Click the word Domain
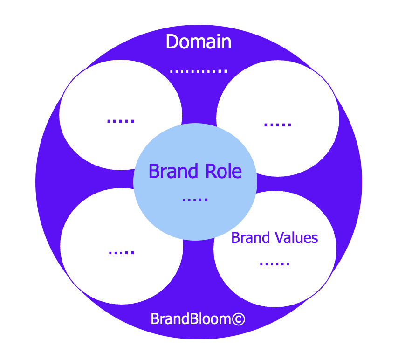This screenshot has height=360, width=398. pyautogui.click(x=199, y=42)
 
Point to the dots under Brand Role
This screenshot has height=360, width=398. pyautogui.click(x=195, y=200)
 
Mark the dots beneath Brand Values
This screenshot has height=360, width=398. pyautogui.click(x=274, y=264)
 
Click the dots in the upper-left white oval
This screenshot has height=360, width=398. pyautogui.click(x=121, y=121)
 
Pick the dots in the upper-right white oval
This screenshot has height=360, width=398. pyautogui.click(x=278, y=125)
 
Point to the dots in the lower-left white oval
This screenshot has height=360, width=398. pyautogui.click(x=121, y=252)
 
